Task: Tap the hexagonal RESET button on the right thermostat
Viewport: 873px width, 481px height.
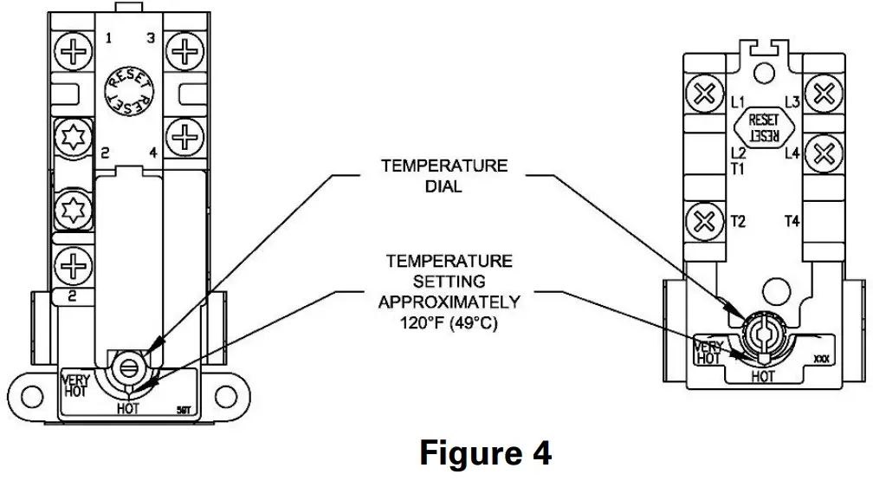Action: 763,127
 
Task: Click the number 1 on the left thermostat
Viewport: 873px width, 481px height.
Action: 109,38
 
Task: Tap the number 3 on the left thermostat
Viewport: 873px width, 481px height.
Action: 151,38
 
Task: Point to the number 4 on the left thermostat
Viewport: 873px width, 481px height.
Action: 152,153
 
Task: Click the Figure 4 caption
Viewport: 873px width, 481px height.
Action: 485,452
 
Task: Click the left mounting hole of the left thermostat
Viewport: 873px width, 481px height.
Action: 33,398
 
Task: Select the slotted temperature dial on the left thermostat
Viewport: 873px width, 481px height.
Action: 126,367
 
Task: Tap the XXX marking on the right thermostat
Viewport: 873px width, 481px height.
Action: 821,358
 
